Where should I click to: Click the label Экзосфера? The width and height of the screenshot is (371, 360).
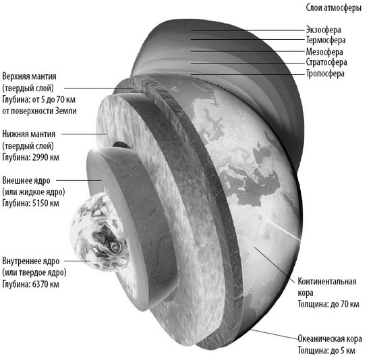[323, 30]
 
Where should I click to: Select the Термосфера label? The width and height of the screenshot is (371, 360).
[326, 40]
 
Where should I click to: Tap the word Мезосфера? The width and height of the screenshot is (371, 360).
[324, 51]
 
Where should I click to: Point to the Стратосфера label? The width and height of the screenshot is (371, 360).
[326, 62]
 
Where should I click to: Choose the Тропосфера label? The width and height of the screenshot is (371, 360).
[325, 74]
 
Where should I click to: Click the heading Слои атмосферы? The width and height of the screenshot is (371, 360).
[334, 8]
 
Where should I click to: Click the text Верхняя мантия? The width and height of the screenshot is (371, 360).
[29, 76]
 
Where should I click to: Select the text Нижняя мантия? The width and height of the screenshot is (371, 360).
[28, 134]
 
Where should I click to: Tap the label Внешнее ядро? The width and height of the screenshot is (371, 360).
[26, 180]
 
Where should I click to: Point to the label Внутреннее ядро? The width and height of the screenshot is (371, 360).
[31, 261]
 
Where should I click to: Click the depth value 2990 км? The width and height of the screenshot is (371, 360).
[46, 157]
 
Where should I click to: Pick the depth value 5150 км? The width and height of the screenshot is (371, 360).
[46, 203]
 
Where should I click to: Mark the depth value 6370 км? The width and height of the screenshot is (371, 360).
[46, 284]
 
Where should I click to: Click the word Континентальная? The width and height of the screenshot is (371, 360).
[326, 282]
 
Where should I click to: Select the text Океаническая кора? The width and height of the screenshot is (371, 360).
[330, 338]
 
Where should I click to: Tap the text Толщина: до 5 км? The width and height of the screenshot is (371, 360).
[326, 351]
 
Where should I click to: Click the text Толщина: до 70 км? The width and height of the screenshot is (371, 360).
[329, 304]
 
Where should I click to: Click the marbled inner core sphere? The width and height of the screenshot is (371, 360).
[98, 232]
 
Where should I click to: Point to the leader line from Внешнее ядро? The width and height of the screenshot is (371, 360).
[79, 180]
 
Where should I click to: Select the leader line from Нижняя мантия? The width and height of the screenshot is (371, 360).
[84, 134]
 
